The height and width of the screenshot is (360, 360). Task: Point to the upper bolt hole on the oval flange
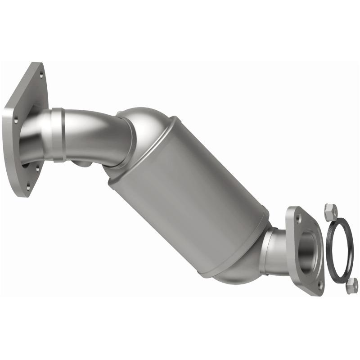click(298, 218)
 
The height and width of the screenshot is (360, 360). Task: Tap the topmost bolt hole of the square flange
click(41, 75)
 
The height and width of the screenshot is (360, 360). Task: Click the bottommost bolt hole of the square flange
click(27, 184)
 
